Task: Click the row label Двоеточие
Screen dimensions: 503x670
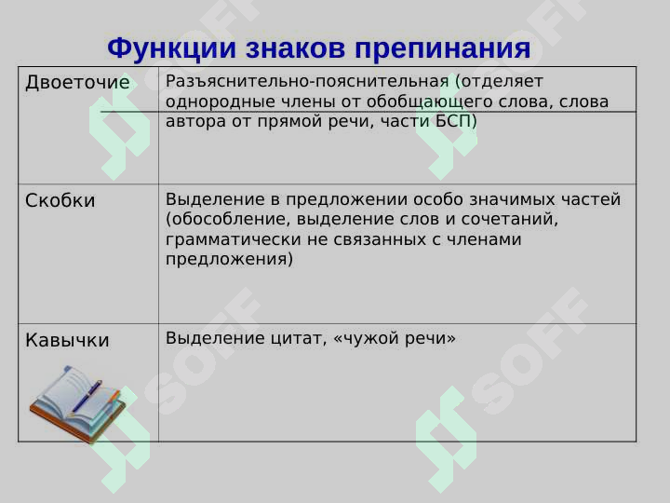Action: tap(77, 83)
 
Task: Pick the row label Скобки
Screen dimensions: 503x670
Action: tap(60, 200)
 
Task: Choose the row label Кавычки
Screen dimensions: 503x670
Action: tap(67, 340)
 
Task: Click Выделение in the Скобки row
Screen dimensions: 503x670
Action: tap(208, 199)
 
